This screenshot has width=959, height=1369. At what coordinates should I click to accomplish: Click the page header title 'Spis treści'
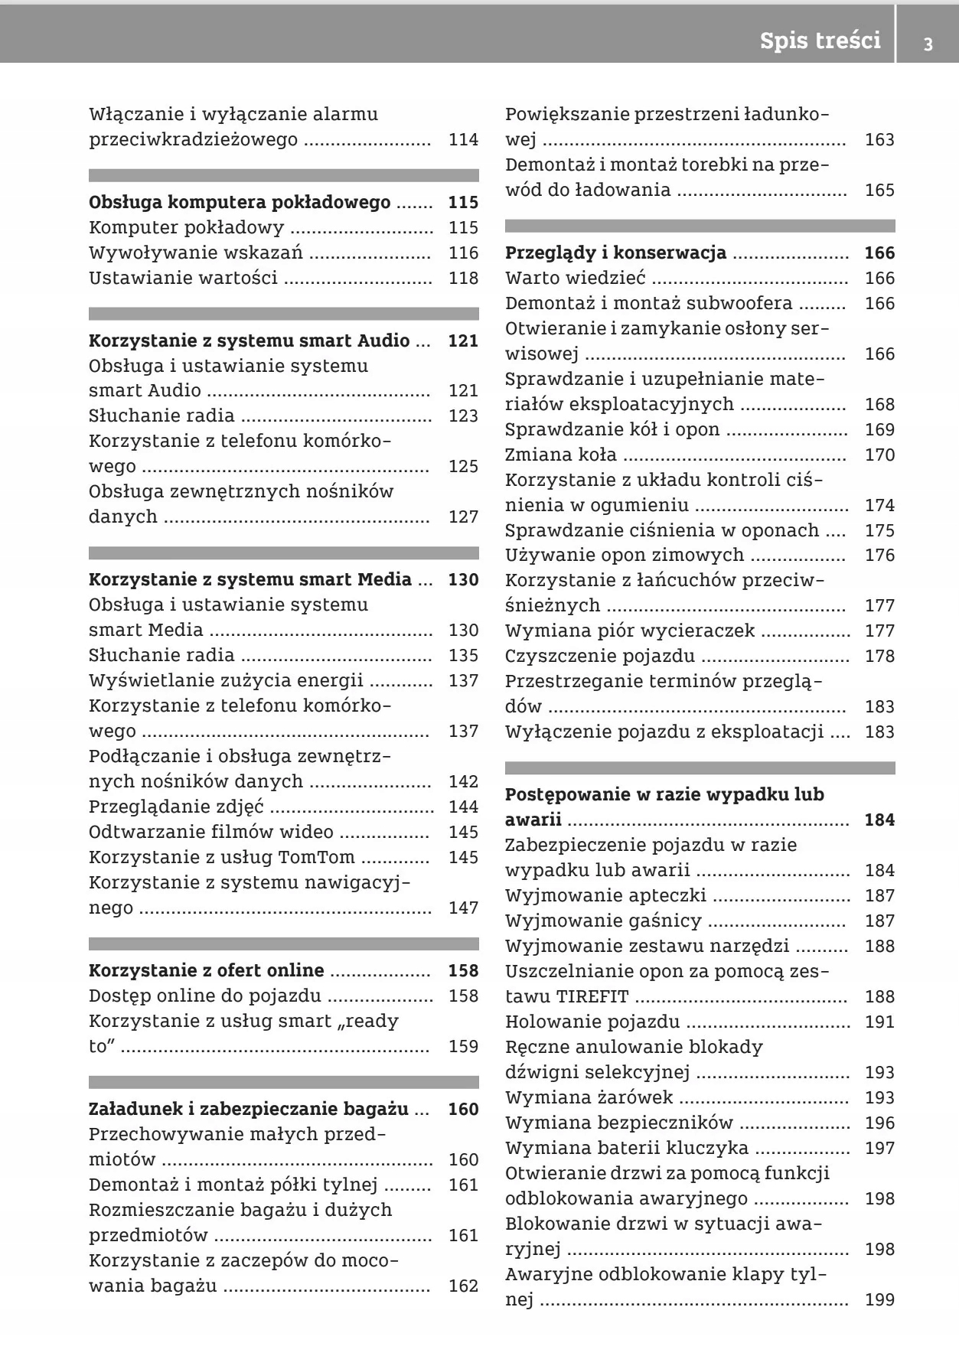click(820, 40)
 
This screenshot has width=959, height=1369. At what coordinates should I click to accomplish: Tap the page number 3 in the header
click(928, 44)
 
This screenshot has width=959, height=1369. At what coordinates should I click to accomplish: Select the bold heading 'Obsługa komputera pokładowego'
click(240, 203)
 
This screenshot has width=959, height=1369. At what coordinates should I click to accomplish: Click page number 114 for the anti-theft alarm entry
click(463, 139)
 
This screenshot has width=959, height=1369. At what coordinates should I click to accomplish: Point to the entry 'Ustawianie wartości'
click(183, 278)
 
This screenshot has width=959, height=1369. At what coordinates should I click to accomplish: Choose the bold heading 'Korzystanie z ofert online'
click(207, 970)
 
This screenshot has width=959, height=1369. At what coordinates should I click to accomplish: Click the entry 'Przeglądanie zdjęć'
click(176, 807)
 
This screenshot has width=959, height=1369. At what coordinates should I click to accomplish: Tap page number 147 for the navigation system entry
click(463, 908)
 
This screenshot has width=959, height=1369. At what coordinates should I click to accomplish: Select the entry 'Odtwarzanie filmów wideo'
click(211, 832)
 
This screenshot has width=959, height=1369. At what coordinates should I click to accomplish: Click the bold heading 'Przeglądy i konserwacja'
click(615, 253)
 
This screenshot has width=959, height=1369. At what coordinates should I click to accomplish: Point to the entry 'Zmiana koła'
click(560, 455)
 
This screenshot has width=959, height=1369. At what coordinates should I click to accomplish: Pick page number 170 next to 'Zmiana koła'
click(879, 455)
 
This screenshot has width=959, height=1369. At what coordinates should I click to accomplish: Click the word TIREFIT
click(592, 996)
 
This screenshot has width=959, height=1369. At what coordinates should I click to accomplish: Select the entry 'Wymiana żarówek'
click(589, 1097)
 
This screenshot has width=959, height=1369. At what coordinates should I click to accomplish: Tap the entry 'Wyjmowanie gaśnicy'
click(603, 921)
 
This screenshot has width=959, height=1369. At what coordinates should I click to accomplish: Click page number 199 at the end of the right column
click(879, 1299)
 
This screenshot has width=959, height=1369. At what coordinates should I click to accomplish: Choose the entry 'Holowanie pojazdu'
click(592, 1022)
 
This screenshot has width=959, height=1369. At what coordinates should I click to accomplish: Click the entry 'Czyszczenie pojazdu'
click(600, 656)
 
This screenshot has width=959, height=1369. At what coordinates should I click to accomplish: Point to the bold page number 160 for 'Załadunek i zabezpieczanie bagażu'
click(463, 1109)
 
